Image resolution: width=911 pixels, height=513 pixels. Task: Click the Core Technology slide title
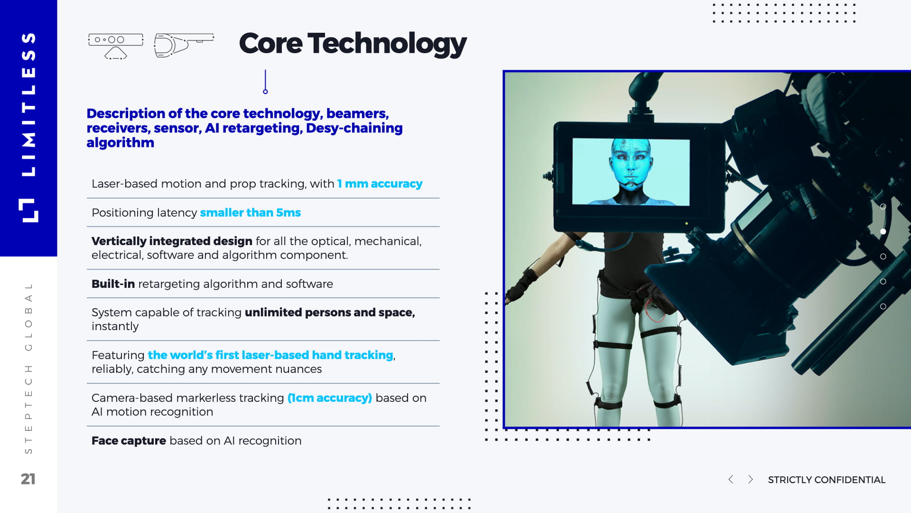(353, 44)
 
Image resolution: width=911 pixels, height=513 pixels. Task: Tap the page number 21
(28, 479)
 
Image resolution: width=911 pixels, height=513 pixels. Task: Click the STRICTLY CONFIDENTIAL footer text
(827, 480)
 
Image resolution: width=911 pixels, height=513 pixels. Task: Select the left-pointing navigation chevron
(731, 479)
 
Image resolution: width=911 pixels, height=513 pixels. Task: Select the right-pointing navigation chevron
(751, 479)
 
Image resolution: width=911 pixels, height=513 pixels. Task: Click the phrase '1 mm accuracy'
(380, 184)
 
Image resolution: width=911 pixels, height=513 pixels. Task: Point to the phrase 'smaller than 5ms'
(250, 213)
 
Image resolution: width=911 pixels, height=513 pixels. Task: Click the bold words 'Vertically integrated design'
(172, 241)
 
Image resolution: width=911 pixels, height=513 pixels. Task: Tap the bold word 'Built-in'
(113, 284)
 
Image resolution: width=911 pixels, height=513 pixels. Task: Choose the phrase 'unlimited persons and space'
(329, 313)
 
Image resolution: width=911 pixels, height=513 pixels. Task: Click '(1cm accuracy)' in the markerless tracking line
(330, 398)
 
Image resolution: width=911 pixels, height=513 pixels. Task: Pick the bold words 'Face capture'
(129, 441)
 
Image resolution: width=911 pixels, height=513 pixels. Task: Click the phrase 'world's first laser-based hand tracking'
(270, 355)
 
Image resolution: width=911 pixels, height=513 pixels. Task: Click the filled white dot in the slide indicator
(883, 231)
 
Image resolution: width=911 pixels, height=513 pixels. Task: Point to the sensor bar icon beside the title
(115, 46)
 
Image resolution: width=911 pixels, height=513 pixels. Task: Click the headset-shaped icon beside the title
(183, 45)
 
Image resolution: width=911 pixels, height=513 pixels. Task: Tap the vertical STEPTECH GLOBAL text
(28, 368)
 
